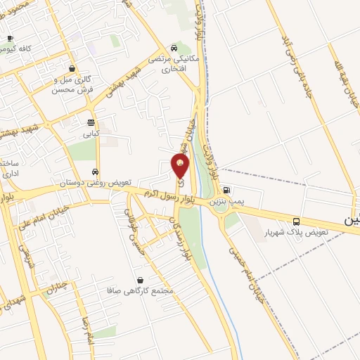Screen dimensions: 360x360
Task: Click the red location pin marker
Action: coord(181,166)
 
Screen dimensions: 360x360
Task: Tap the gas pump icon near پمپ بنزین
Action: coord(226,190)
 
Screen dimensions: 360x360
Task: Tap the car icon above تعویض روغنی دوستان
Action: coord(94,172)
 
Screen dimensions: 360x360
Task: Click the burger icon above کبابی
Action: coord(91,122)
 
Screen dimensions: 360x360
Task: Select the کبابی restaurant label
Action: coord(92,133)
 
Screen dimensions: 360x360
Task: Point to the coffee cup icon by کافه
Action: coord(9,39)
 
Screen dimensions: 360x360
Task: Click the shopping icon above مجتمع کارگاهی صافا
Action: coord(139,279)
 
